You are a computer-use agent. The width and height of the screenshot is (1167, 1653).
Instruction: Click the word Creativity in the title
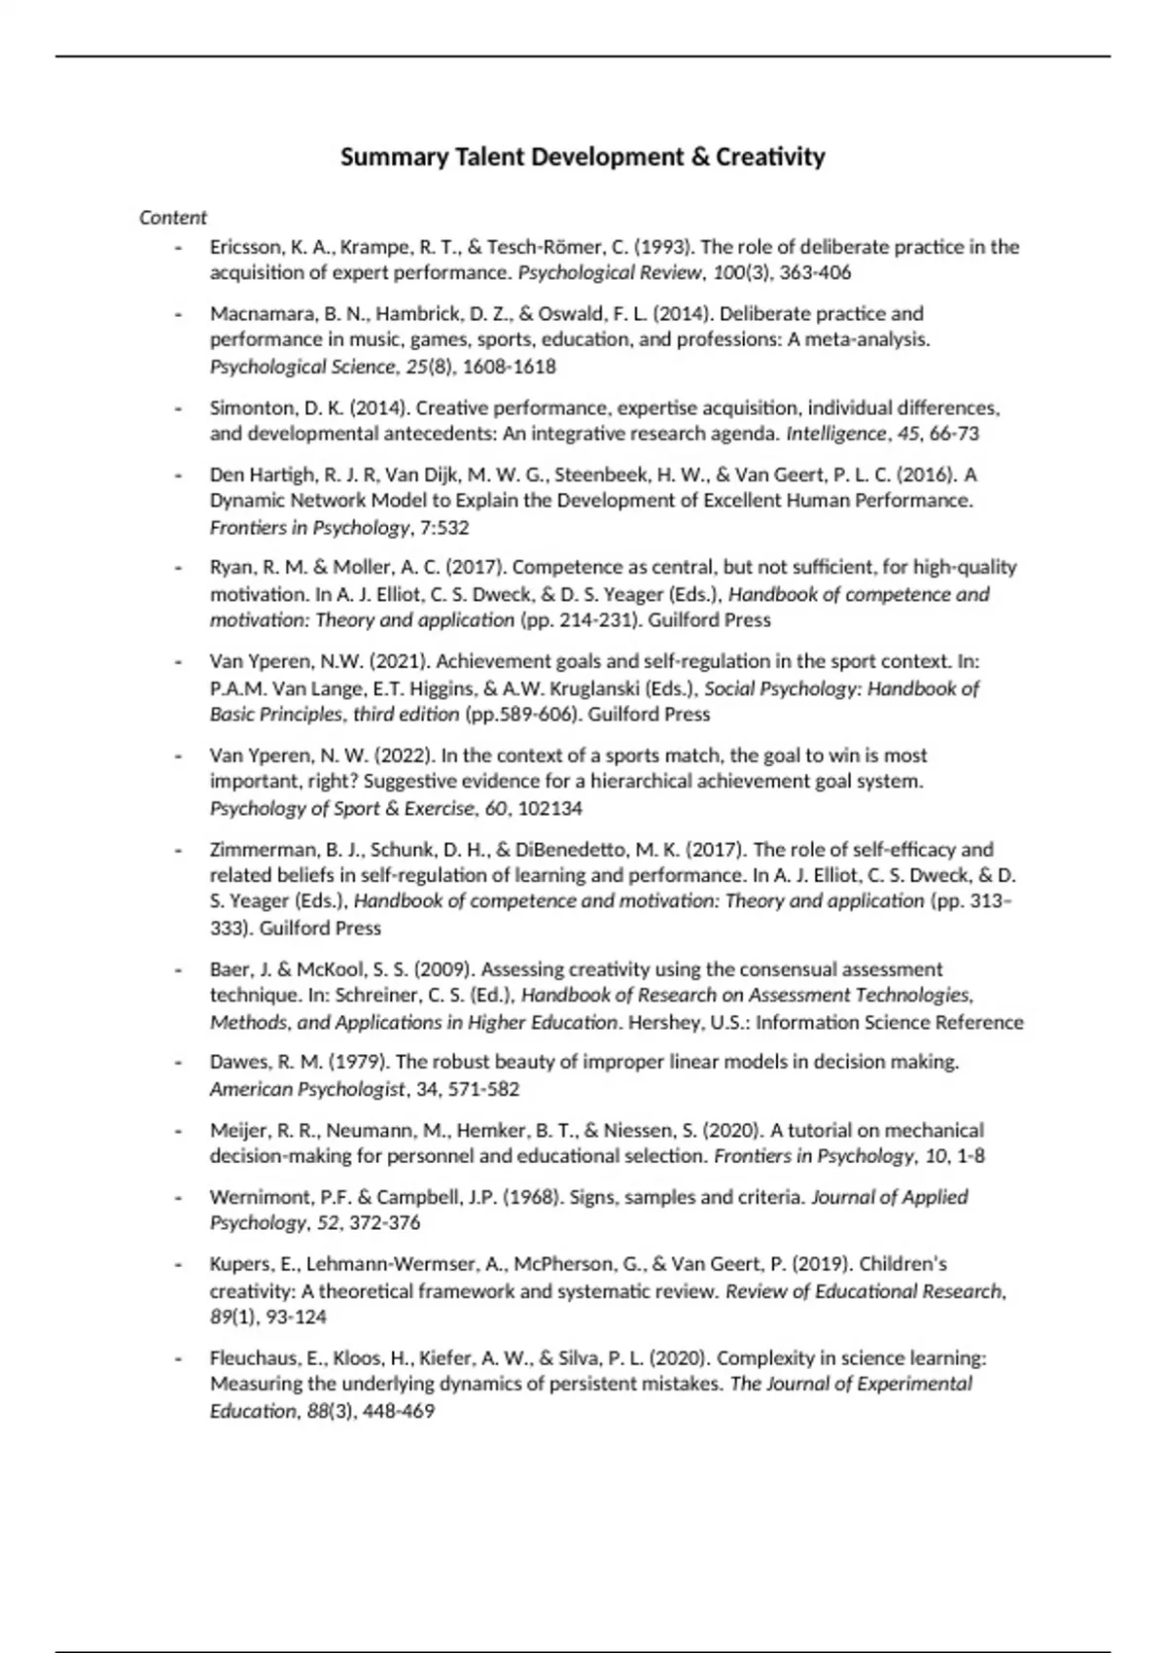[770, 157]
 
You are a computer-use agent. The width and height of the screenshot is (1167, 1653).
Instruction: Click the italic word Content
[173, 218]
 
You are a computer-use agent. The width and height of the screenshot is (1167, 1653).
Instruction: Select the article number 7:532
[444, 528]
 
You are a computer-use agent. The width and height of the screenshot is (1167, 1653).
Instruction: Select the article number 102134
[549, 808]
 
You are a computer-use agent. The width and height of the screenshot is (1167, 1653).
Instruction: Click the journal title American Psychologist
[306, 1089]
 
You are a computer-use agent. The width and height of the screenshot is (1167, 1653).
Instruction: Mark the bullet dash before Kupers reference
[178, 1265]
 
